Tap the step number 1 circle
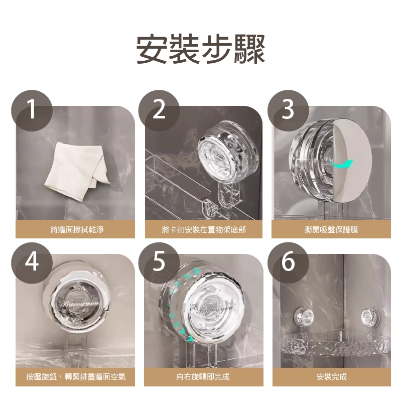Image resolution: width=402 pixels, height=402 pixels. click(x=32, y=109)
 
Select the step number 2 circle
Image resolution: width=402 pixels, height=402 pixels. click(x=159, y=109)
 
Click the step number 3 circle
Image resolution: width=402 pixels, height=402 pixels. click(x=288, y=109)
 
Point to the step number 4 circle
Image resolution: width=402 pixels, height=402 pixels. click(x=32, y=261)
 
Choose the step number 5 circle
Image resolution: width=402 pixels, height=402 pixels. click(x=159, y=261)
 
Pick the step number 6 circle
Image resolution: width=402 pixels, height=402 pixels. click(x=288, y=261)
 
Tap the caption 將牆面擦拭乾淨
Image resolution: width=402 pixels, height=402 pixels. click(x=76, y=229)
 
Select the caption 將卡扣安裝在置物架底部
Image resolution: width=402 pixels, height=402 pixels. click(x=203, y=229)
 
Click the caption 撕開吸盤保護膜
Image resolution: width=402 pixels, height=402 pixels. click(x=331, y=229)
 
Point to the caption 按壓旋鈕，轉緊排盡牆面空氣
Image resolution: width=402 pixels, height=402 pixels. click(x=76, y=376)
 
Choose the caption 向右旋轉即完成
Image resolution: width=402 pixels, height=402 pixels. click(x=203, y=376)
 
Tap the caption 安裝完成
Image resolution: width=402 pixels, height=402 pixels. click(x=331, y=376)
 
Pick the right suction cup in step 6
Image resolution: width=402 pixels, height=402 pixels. click(x=370, y=316)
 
